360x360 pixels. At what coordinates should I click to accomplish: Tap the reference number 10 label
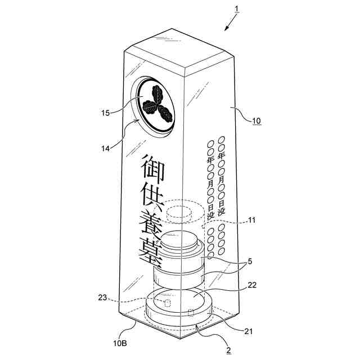[256, 120]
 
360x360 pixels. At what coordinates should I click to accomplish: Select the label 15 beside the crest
[106, 113]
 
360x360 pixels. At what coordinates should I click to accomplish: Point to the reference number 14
[106, 148]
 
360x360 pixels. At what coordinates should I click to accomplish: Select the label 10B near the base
[125, 341]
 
